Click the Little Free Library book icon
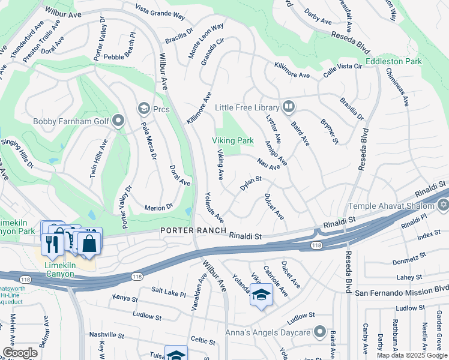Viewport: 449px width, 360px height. tap(289, 107)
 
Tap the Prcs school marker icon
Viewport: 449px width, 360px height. tap(143, 108)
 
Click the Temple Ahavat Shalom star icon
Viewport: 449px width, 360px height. tap(444, 206)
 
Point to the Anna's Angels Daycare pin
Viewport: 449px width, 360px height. tap(320, 333)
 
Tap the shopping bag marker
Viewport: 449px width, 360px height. tap(89, 244)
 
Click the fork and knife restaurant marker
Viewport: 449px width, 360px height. tap(51, 244)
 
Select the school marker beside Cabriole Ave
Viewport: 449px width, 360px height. tap(261, 295)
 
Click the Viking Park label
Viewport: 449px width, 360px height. tap(232, 140)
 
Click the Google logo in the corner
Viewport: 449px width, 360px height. tap(20, 353)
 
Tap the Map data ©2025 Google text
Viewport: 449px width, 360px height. tap(411, 355)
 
